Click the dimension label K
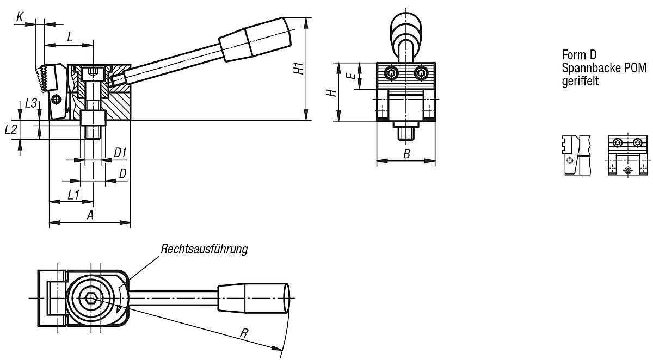pyautogui.click(x=20, y=17)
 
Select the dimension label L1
pyautogui.click(x=73, y=194)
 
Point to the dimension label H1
pyautogui.click(x=297, y=69)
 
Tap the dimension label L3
pyautogui.click(x=31, y=103)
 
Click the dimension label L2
pyautogui.click(x=11, y=129)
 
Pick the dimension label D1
pyautogui.click(x=120, y=153)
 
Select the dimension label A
pyautogui.click(x=90, y=215)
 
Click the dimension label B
pyautogui.click(x=406, y=154)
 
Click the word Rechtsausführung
pyautogui.click(x=204, y=249)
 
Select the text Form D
pyautogui.click(x=579, y=55)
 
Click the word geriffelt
pyautogui.click(x=580, y=81)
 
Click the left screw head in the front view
pyautogui.click(x=391, y=72)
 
